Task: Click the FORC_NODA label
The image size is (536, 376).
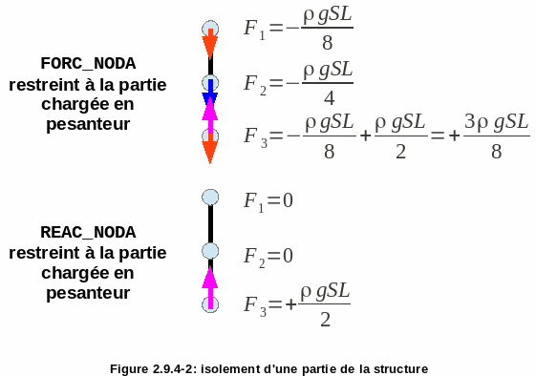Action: [88, 64]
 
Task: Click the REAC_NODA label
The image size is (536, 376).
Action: [88, 232]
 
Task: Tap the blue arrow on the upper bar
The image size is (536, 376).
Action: [210, 92]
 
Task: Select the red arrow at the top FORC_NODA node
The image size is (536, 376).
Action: [210, 44]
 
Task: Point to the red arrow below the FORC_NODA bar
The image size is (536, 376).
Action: [210, 149]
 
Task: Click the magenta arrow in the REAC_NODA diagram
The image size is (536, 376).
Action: [210, 287]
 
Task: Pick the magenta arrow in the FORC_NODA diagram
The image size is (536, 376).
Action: [210, 117]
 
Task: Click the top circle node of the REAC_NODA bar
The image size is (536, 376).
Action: [210, 198]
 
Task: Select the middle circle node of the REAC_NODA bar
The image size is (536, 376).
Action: [210, 251]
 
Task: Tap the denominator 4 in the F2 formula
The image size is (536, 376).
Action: [329, 98]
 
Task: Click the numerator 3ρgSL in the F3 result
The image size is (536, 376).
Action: [496, 121]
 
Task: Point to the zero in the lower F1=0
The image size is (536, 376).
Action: [288, 200]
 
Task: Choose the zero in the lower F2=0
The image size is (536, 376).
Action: [288, 256]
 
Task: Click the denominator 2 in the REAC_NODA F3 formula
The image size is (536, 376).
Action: [326, 320]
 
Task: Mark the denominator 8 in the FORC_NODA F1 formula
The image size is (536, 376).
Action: [327, 43]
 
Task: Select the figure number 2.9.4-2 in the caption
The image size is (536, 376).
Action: [174, 369]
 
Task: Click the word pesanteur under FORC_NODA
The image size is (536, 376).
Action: [88, 124]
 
